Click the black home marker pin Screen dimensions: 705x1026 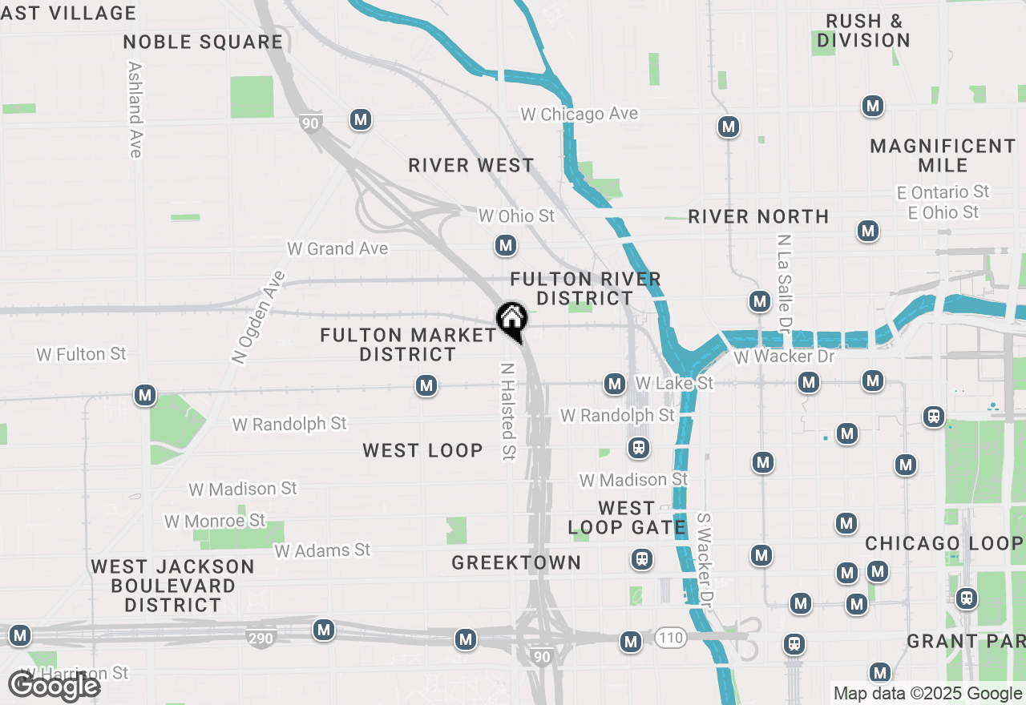pos(511,320)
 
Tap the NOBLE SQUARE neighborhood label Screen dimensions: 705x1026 pos(204,42)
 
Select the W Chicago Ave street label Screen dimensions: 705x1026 pos(579,115)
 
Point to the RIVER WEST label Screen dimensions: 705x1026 pos(471,166)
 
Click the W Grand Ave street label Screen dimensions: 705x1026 pos(337,249)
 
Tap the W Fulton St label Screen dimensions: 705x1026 pos(82,354)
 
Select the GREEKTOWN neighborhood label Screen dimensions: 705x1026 pos(516,562)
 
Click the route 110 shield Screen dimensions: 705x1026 pos(671,638)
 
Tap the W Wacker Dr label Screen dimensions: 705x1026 pos(784,357)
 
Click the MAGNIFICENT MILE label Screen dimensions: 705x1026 pos(943,155)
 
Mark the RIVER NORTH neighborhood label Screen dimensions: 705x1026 pos(758,217)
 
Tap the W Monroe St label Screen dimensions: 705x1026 pos(215,522)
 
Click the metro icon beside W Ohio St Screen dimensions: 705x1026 pos(505,245)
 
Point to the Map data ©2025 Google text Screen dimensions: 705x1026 pos(927,694)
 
